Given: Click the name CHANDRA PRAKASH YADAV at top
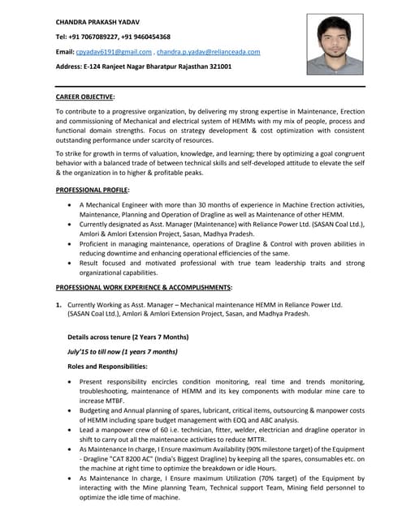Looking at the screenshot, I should coord(97,20).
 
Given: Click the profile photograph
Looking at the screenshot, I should coord(335,45).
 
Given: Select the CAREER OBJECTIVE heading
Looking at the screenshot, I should coord(84,97).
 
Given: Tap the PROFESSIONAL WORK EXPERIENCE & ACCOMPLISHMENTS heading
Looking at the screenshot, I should coord(144,287).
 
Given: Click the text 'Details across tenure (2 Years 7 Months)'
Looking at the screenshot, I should coord(128,337).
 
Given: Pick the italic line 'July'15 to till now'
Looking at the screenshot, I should coord(122,352).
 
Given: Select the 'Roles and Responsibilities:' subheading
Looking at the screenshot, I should coord(107,367).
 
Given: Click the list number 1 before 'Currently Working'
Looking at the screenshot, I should coord(58,305).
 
